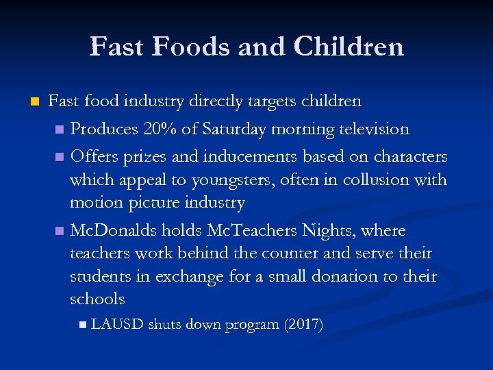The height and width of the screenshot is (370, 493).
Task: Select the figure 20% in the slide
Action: (x=160, y=129)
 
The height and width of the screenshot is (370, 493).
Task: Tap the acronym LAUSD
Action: (x=116, y=325)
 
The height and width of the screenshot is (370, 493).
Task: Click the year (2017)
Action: (x=303, y=325)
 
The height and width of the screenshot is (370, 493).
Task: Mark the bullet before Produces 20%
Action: (x=62, y=129)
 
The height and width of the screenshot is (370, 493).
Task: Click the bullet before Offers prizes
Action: (x=62, y=158)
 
